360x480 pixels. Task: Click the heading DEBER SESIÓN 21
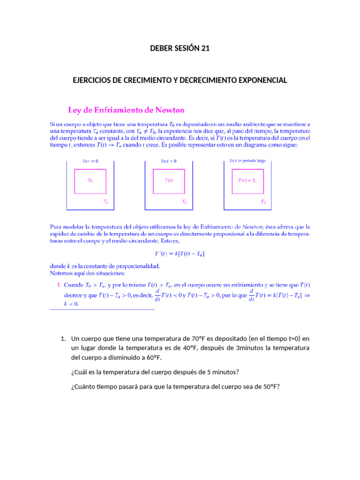(x=180, y=47)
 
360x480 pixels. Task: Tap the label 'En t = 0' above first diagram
(x=90, y=161)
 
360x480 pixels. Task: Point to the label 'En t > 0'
(x=169, y=161)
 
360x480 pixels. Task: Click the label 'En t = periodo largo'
(x=247, y=160)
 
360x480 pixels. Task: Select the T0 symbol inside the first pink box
(x=90, y=180)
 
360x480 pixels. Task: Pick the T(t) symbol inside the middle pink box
(x=169, y=180)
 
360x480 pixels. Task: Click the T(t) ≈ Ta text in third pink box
(x=247, y=180)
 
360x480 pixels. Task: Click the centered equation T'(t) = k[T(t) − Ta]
(x=180, y=254)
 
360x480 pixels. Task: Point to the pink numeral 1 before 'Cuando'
(x=59, y=285)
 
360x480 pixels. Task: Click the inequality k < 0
(x=71, y=303)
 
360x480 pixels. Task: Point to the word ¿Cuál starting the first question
(x=80, y=372)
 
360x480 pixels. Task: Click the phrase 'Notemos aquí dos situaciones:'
(x=88, y=273)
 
